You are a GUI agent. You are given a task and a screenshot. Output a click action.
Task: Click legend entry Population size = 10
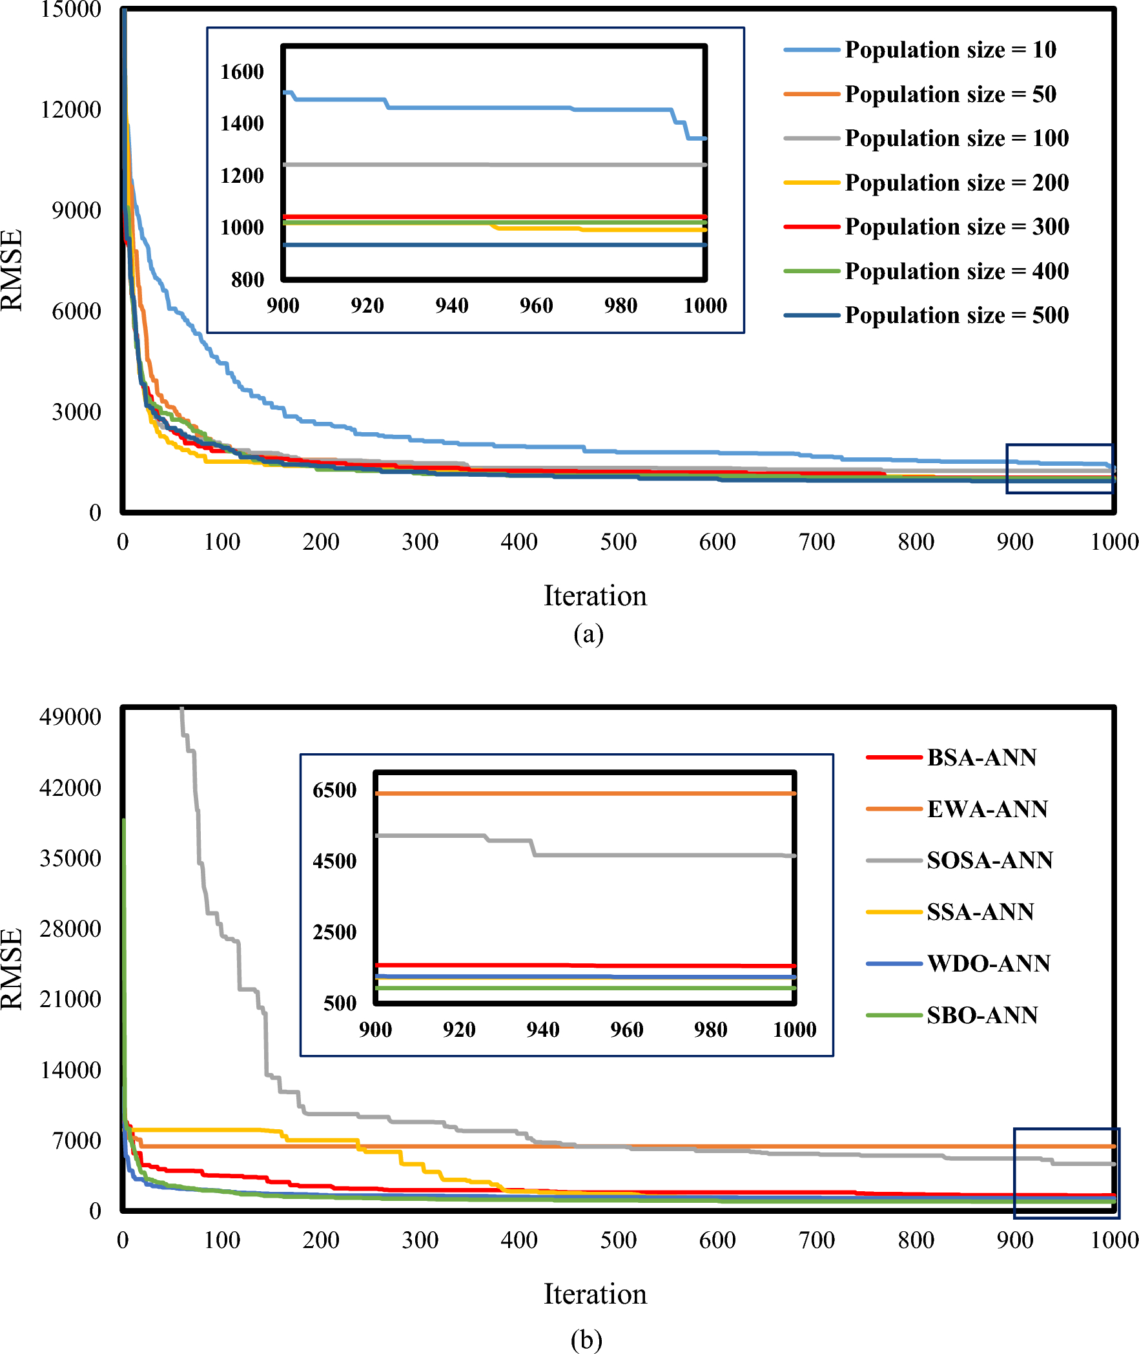(x=950, y=50)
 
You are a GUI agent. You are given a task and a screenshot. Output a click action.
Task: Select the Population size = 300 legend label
(x=956, y=227)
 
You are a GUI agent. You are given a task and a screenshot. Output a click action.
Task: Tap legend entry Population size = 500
(x=956, y=315)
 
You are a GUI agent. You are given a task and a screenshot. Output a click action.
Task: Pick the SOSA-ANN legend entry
(x=989, y=860)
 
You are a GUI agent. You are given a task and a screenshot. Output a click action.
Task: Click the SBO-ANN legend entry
(x=981, y=1015)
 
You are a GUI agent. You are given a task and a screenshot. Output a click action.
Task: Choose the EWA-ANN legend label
(x=987, y=809)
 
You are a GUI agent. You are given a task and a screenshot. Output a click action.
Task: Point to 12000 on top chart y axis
(x=70, y=110)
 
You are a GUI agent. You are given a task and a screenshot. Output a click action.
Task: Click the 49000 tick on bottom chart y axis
(x=70, y=717)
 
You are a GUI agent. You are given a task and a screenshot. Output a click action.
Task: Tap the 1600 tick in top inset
(x=242, y=72)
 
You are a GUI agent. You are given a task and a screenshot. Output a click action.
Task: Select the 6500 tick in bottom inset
(x=334, y=790)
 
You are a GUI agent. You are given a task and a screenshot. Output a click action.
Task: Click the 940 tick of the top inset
(x=451, y=306)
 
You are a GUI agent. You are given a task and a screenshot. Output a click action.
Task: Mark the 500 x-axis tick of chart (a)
(x=618, y=541)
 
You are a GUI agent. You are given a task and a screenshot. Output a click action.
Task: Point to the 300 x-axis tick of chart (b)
(x=420, y=1240)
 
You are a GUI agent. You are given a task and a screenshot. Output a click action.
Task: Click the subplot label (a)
(x=588, y=634)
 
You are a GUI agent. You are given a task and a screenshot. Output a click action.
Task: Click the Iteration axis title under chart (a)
(x=595, y=596)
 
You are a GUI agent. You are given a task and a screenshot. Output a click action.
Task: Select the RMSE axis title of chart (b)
(x=12, y=968)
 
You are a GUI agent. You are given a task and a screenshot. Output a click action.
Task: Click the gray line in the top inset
(x=494, y=165)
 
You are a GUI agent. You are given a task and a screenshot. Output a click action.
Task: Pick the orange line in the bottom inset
(x=585, y=793)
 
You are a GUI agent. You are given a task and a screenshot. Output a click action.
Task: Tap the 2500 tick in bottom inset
(x=334, y=932)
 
